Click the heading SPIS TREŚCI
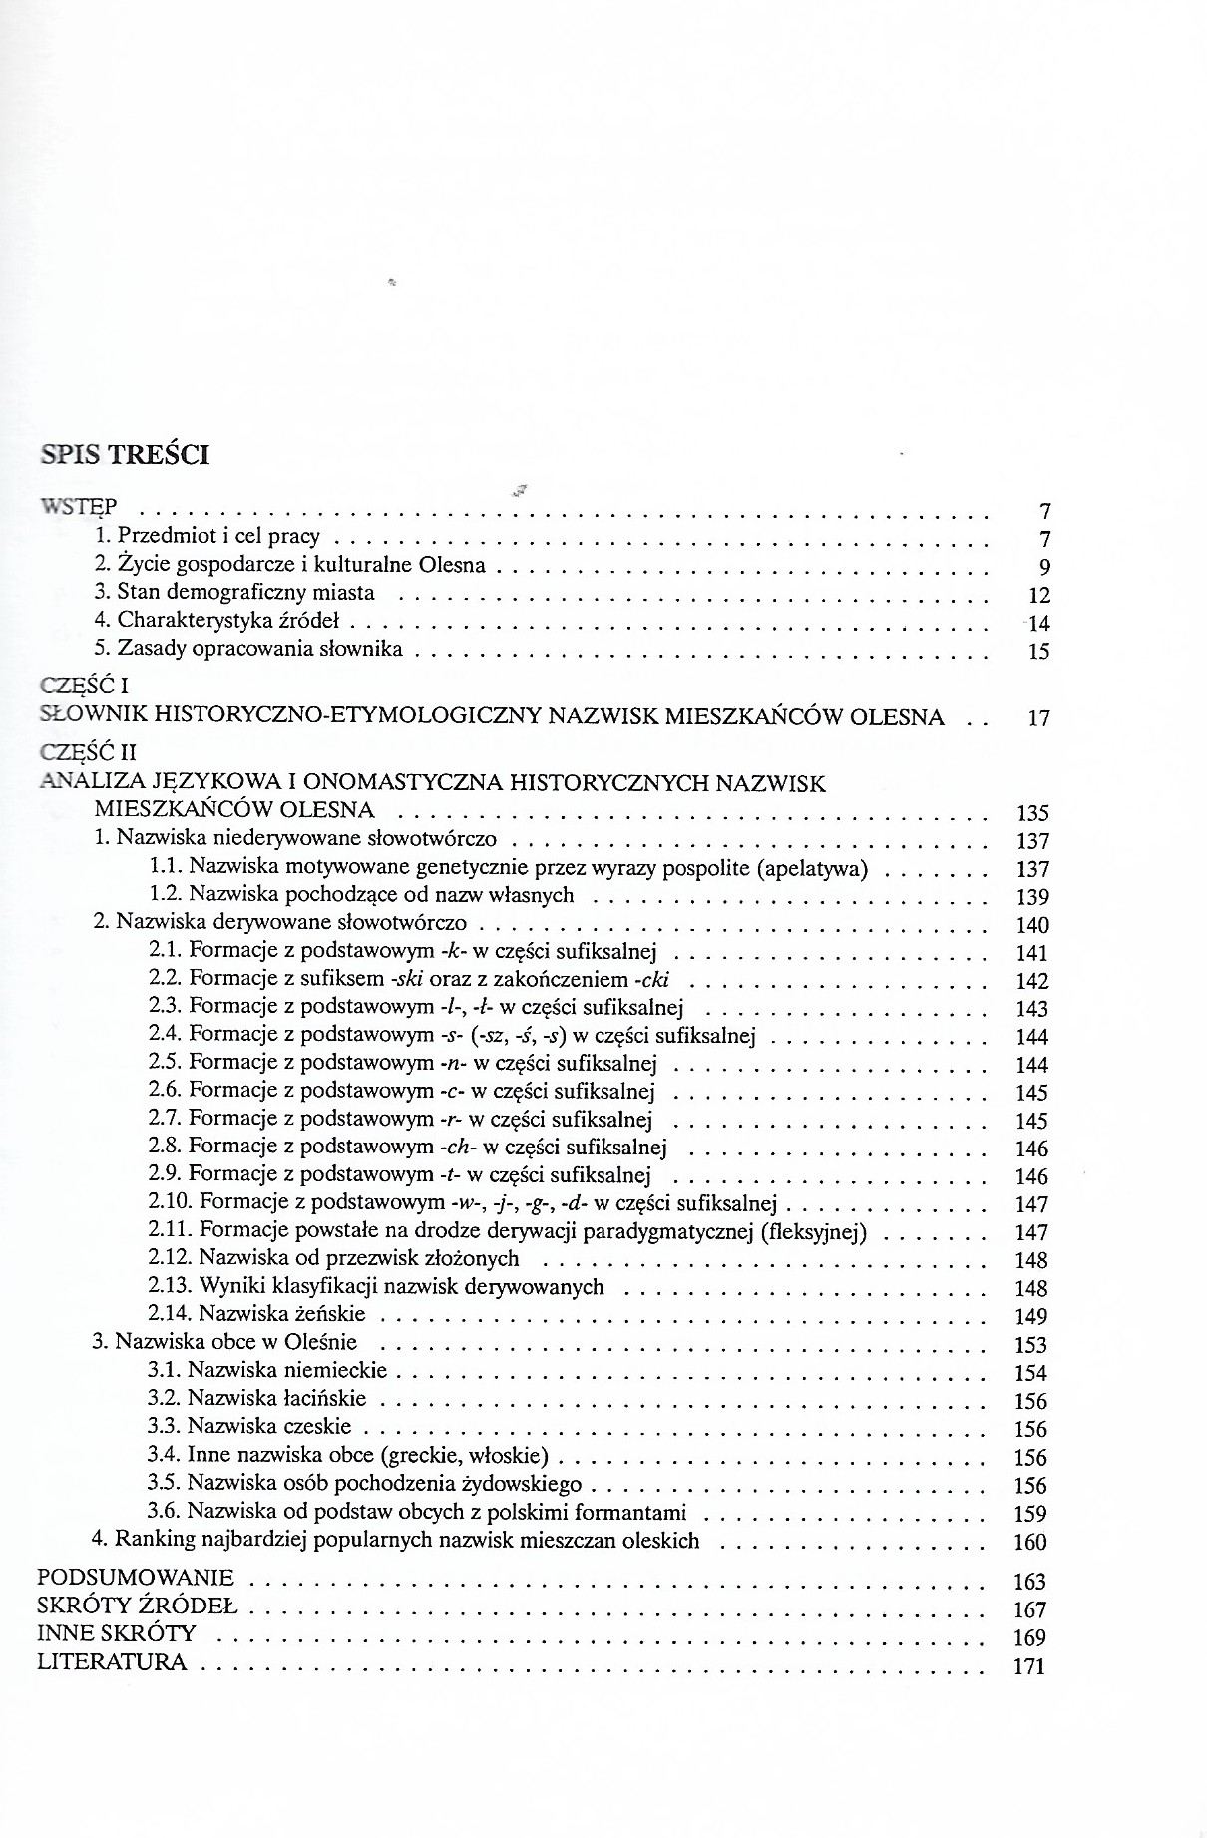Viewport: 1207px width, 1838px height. pos(125,455)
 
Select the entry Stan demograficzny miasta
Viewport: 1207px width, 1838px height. pos(245,593)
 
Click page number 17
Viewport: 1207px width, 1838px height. pos(1037,717)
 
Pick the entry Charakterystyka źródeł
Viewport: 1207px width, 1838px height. pos(228,621)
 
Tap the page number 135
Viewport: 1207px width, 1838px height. pos(1031,813)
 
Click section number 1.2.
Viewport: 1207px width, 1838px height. pos(165,895)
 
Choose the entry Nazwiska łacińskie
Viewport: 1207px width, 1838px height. pos(276,1398)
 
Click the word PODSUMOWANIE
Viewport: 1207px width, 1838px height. pos(136,1578)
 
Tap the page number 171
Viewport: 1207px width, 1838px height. pos(1028,1666)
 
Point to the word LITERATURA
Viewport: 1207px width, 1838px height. pos(112,1662)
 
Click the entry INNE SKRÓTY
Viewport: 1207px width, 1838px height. pos(117,1634)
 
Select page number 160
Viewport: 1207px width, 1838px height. pos(1029,1543)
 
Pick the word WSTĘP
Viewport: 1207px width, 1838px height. pos(80,506)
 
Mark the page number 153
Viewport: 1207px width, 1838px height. pos(1029,1345)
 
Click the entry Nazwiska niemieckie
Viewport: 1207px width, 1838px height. pos(287,1370)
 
